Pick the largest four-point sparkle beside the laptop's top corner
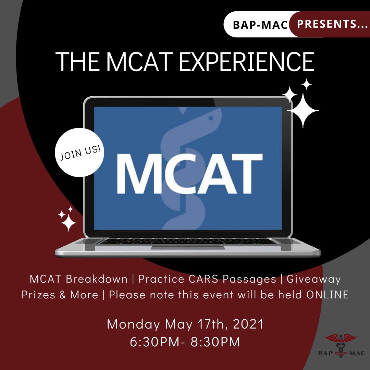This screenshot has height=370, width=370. (x=303, y=110)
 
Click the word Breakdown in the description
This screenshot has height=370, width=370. (x=97, y=279)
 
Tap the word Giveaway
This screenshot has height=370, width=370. (x=313, y=279)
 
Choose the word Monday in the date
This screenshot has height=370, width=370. (x=133, y=324)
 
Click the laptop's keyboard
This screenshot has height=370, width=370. (x=188, y=242)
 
